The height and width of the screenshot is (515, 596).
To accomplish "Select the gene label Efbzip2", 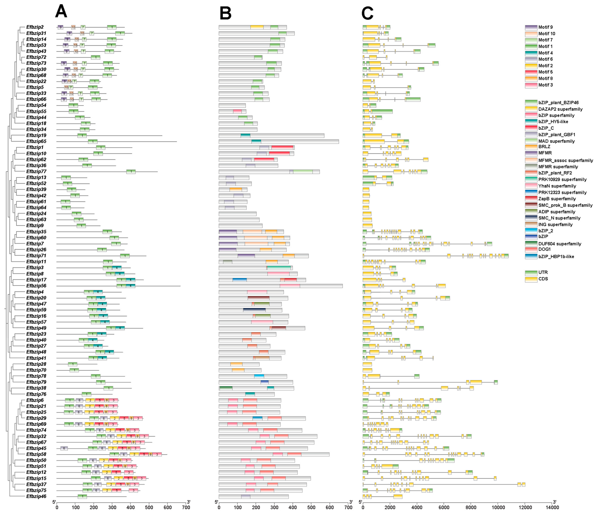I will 35,27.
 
